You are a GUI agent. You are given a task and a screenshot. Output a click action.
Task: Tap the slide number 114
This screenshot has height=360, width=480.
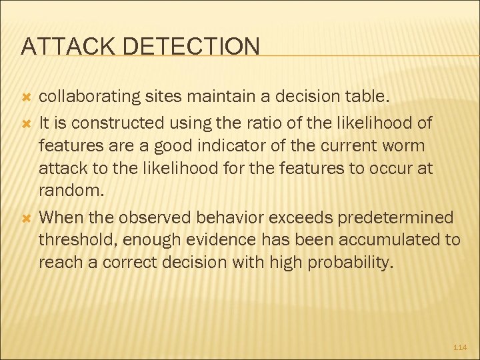(x=460, y=347)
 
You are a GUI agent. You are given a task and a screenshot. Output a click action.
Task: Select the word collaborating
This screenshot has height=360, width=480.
(x=91, y=98)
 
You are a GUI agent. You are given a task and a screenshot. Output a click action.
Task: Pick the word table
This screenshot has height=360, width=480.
(x=363, y=98)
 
